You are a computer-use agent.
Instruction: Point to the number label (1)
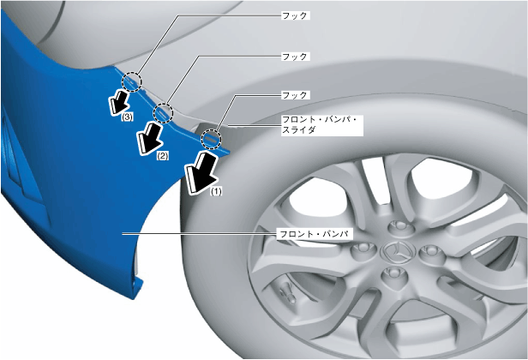coord(217,192)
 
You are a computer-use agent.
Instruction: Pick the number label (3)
coord(127,117)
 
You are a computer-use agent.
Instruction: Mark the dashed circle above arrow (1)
coord(210,137)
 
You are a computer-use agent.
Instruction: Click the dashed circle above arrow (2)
coord(163,112)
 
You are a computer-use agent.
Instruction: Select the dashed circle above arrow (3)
coord(131,81)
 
